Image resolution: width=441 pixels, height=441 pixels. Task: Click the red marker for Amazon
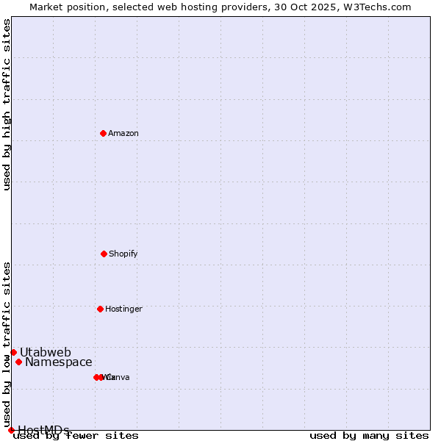[x=103, y=133]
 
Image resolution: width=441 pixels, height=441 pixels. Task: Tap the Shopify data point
[x=104, y=254]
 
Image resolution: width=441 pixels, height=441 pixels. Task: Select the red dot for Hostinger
[x=100, y=309]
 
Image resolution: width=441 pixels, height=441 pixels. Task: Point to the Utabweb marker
[x=13, y=352]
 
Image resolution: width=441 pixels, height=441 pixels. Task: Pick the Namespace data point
[x=18, y=362]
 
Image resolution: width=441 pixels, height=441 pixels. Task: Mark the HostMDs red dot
[x=11, y=430]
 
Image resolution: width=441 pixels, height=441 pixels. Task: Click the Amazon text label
[x=123, y=133]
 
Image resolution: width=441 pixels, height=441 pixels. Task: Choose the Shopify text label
[x=123, y=254]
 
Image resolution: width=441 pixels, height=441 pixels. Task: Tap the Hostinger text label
[x=123, y=309]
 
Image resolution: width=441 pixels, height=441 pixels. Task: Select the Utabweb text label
[x=46, y=352]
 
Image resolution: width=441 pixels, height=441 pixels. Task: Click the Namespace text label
[x=59, y=362]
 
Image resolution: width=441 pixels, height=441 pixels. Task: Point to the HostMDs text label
[x=43, y=430]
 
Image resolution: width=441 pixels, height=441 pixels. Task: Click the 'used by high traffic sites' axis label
[x=7, y=104]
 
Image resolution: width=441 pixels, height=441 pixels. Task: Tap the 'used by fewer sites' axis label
[x=76, y=435]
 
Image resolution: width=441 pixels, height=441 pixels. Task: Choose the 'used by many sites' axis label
[x=369, y=435]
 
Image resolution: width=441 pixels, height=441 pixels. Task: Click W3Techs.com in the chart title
[x=380, y=7]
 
